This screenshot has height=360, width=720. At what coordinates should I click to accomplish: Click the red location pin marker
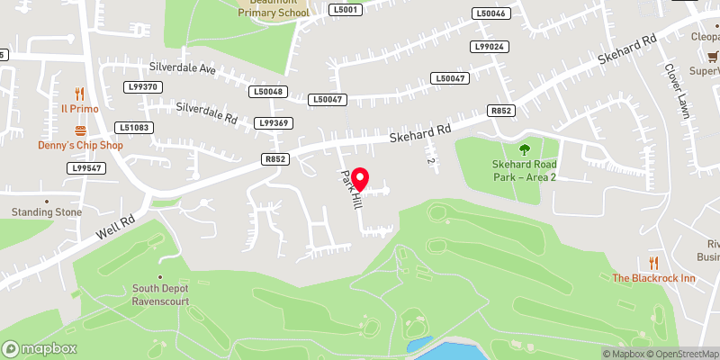359,177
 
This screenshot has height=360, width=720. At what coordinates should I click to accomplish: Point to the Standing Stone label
46,212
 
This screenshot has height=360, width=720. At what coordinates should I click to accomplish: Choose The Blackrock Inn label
653,278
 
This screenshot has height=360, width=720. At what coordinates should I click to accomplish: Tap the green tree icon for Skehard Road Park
525,149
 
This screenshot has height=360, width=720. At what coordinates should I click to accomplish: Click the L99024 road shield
490,47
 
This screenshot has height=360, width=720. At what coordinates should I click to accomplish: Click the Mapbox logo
39,348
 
